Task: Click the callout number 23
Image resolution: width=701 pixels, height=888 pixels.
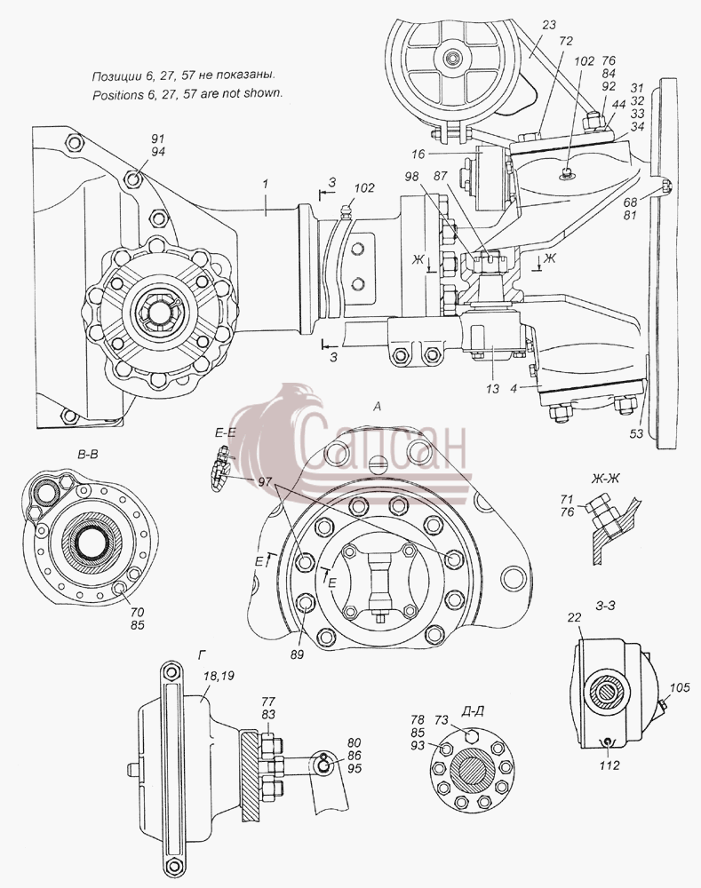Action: pos(548,25)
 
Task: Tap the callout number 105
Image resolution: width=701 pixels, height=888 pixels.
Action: pos(680,687)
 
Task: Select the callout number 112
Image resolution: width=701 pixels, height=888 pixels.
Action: pos(609,765)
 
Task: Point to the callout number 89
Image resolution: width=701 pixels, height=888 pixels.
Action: pos(297,654)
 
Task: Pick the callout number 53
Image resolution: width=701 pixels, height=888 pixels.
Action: pos(636,433)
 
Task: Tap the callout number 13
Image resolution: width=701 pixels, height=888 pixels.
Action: pos(492,389)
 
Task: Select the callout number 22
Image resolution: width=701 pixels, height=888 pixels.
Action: pos(575,617)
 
